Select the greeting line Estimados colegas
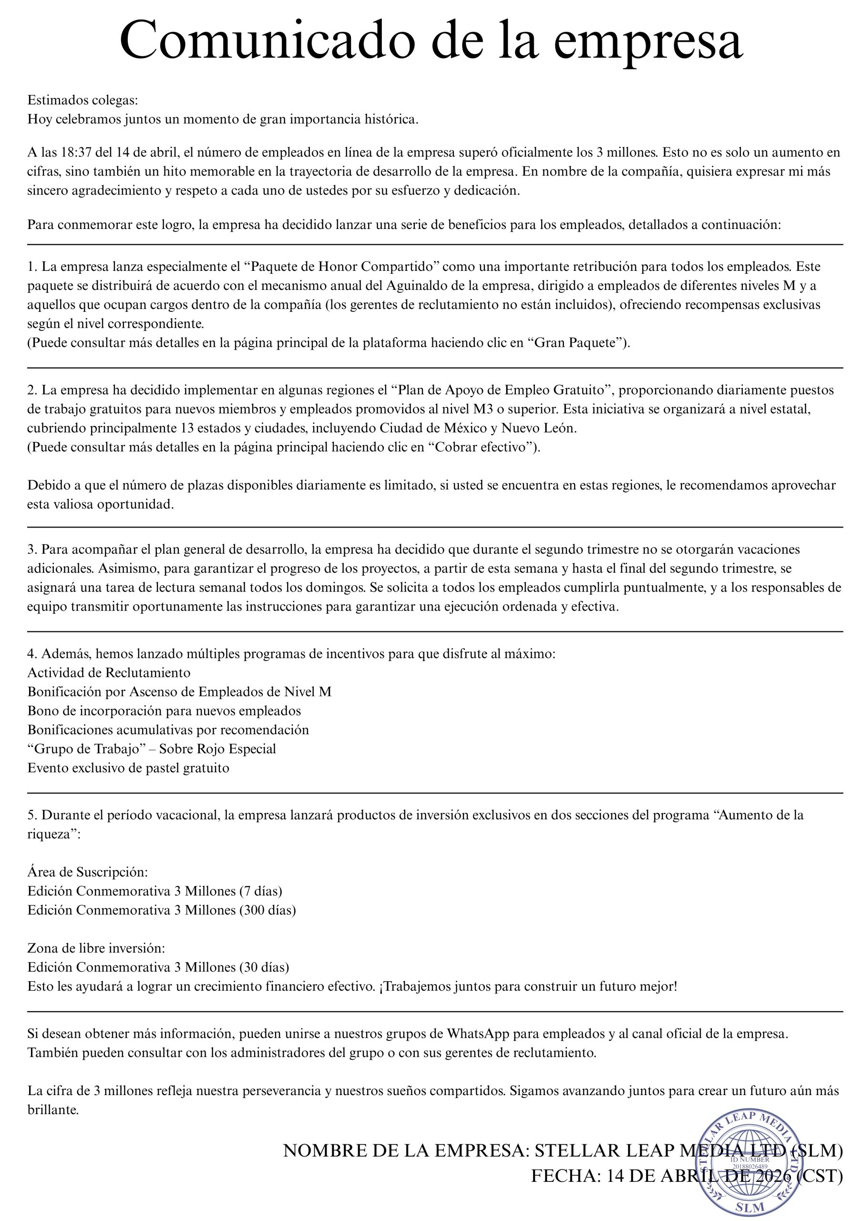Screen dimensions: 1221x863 (82, 100)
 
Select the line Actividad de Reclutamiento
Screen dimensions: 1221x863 (109, 673)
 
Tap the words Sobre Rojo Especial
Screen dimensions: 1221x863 (217, 749)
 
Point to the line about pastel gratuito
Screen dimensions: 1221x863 (128, 768)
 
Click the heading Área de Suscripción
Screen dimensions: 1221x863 (87, 872)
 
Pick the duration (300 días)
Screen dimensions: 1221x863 (267, 910)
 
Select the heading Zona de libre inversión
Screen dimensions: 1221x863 (96, 948)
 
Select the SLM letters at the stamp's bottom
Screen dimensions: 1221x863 (750, 1207)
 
